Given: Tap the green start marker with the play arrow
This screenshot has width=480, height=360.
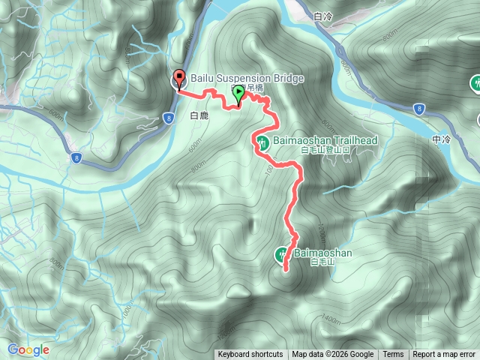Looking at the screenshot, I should (239, 93).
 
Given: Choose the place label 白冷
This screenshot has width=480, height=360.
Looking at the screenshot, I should (323, 16).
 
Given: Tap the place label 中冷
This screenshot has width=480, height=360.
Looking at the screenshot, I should (442, 139).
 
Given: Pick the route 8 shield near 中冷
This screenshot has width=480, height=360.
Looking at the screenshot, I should (419, 109).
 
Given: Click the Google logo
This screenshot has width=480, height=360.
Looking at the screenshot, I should (28, 349).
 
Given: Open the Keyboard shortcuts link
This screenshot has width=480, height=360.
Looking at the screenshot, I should (250, 355).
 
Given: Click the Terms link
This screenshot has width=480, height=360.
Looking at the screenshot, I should (393, 355).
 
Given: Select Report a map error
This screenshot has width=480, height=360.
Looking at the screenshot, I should (445, 355).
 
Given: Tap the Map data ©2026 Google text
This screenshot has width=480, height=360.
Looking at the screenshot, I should (332, 355).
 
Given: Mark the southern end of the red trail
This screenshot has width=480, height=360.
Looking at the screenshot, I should (286, 268).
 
